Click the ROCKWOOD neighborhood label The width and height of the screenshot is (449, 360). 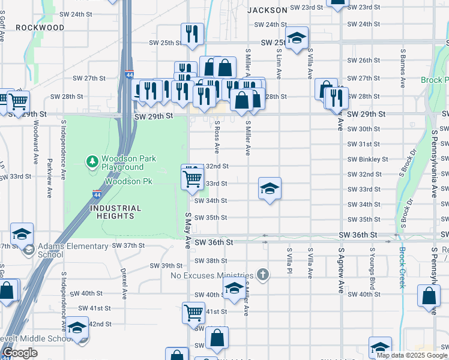point(40,28)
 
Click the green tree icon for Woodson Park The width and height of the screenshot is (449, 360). point(92,161)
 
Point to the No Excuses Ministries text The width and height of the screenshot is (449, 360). point(213,275)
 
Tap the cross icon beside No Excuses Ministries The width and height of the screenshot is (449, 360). point(262,275)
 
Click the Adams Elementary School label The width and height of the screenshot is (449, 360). point(64,250)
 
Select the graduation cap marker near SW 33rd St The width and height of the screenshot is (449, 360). point(270,189)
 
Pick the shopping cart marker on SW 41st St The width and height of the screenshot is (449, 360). point(193,312)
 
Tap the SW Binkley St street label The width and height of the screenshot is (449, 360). point(368,160)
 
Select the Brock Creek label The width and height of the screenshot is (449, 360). point(402,268)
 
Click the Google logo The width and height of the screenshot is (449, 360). point(20,353)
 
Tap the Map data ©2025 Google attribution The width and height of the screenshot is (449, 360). point(412,355)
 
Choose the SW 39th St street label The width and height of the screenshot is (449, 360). point(166,266)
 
